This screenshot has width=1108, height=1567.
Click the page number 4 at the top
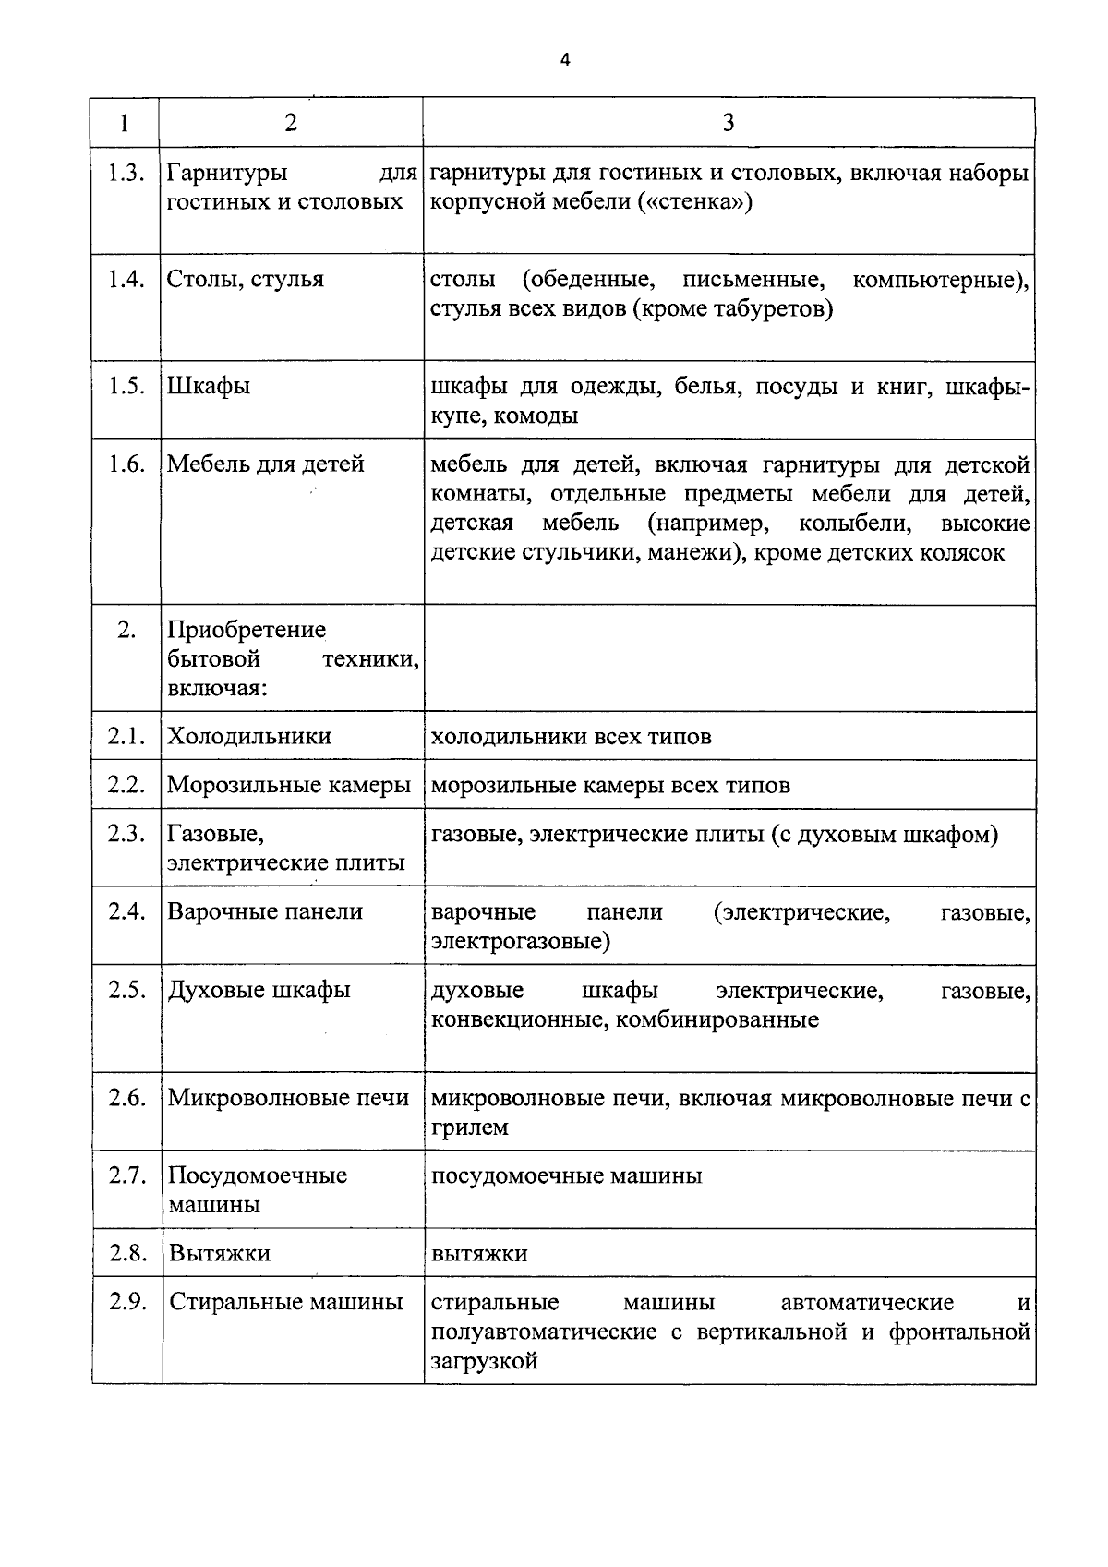tap(565, 60)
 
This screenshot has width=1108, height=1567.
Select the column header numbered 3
tap(729, 123)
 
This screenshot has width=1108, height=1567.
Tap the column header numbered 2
tap(291, 123)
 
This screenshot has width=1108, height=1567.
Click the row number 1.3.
tap(126, 173)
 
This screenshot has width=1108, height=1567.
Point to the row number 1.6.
tap(126, 464)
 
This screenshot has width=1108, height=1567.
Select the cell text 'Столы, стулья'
tap(246, 279)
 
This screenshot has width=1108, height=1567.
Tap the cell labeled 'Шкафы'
tap(209, 386)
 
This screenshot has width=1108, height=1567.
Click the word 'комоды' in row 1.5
tap(536, 416)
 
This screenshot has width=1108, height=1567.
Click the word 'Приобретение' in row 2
tap(247, 630)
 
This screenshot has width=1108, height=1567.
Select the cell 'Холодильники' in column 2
tap(249, 736)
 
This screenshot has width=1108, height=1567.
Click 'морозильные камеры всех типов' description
tap(610, 785)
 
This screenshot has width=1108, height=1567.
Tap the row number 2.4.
tap(126, 911)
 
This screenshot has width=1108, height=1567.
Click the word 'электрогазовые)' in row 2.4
tap(521, 941)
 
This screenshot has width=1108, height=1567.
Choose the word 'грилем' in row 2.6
tap(470, 1127)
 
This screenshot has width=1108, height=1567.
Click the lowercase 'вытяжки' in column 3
tap(479, 1253)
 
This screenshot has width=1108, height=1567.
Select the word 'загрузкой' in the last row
tap(485, 1361)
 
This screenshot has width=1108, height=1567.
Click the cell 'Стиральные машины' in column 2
tap(286, 1302)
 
